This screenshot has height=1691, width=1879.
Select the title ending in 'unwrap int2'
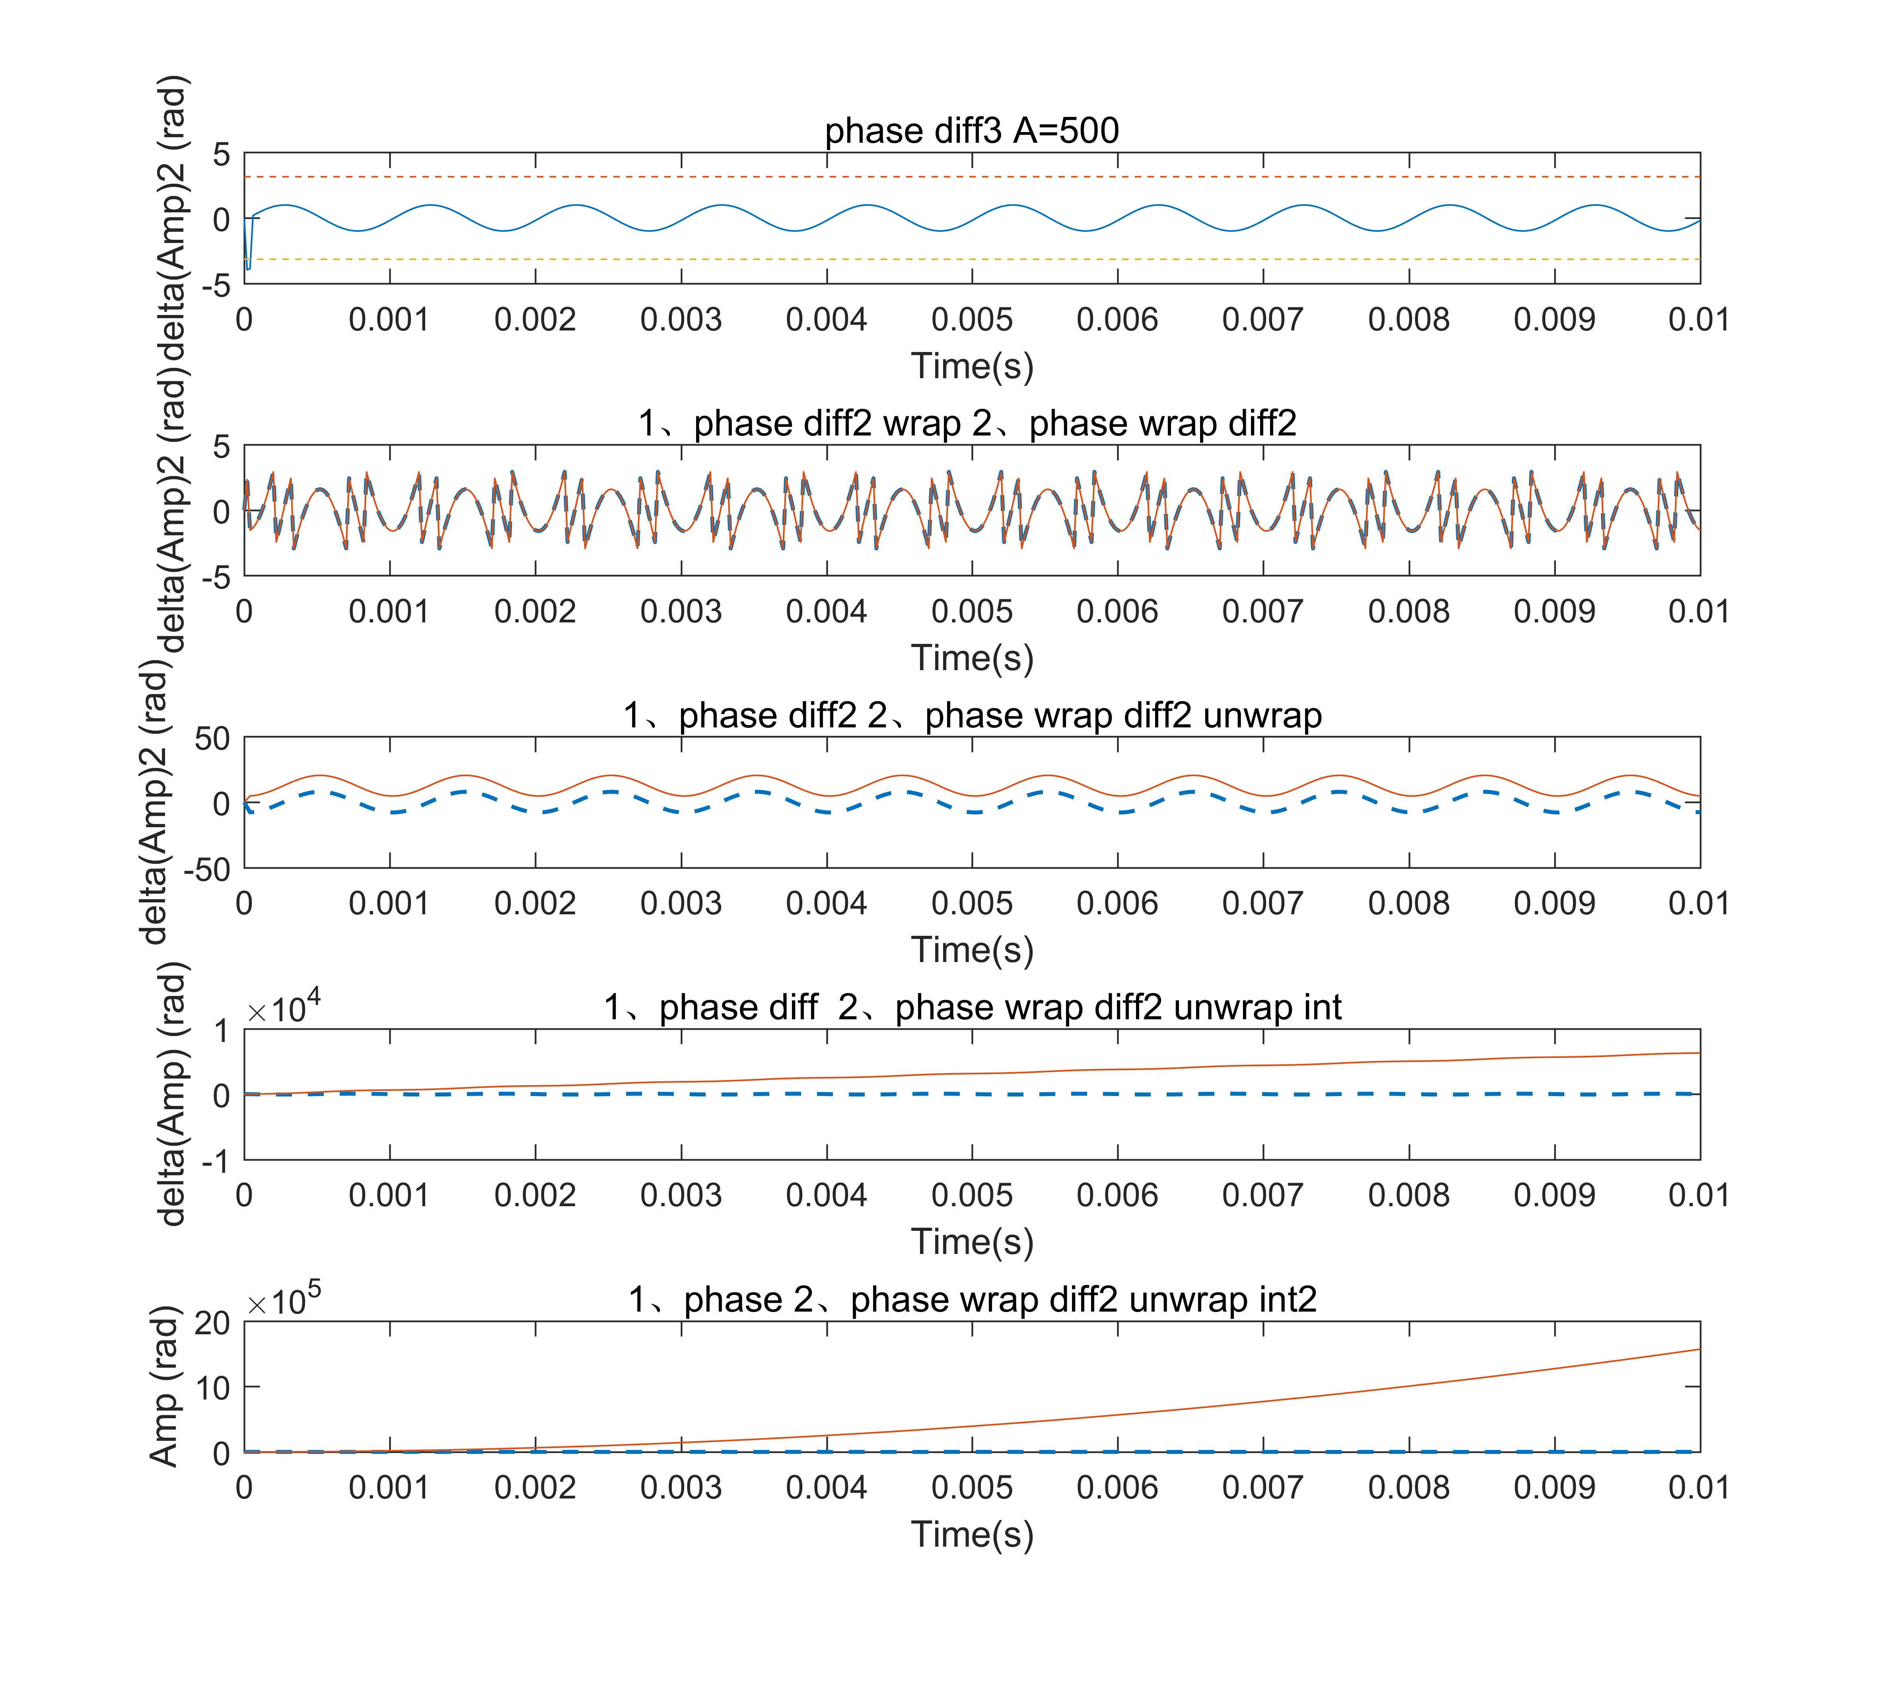[972, 1299]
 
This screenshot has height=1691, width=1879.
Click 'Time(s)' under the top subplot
[972, 366]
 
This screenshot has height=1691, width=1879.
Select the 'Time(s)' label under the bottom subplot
[972, 1534]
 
